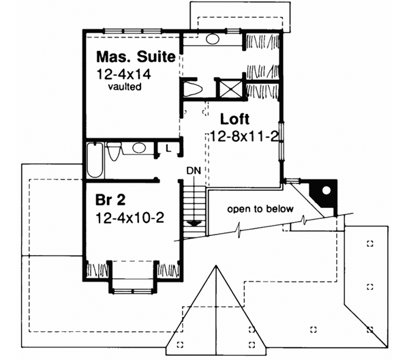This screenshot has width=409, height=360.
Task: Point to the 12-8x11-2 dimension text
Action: (243, 135)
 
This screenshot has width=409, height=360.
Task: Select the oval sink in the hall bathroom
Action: (139, 148)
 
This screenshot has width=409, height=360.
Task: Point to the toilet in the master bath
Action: (192, 89)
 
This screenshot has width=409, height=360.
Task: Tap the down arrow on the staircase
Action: (194, 222)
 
